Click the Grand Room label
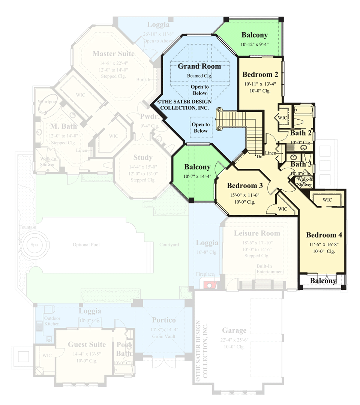(x=199, y=66)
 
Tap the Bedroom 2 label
(x=259, y=74)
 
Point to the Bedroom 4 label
(x=324, y=235)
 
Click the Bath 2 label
(x=301, y=133)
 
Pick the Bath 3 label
(x=301, y=164)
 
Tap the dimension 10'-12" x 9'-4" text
(x=254, y=44)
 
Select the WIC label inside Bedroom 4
(x=327, y=200)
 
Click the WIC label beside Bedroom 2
(x=282, y=117)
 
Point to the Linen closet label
(x=270, y=153)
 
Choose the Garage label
(x=234, y=330)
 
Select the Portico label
(x=163, y=320)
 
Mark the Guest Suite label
(x=87, y=344)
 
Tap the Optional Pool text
(x=86, y=245)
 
